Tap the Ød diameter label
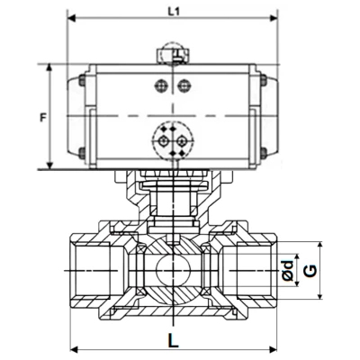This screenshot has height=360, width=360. pyautogui.click(x=286, y=268)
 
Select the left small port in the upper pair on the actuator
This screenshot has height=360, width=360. pyautogui.click(x=162, y=85)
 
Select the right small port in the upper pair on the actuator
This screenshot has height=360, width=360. pyautogui.click(x=184, y=85)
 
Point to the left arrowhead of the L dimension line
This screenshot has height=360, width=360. pyautogui.click(x=73, y=349)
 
